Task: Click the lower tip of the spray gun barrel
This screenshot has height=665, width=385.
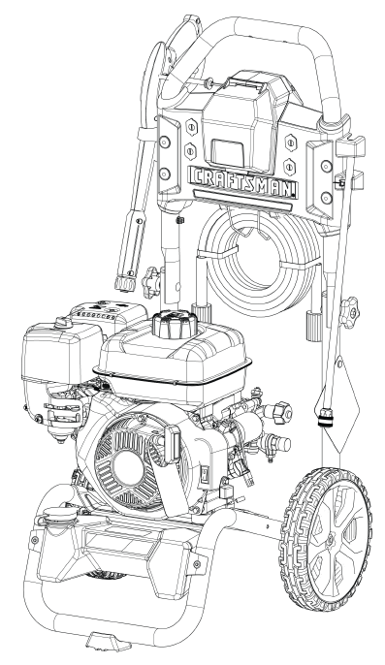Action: [x=126, y=284]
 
